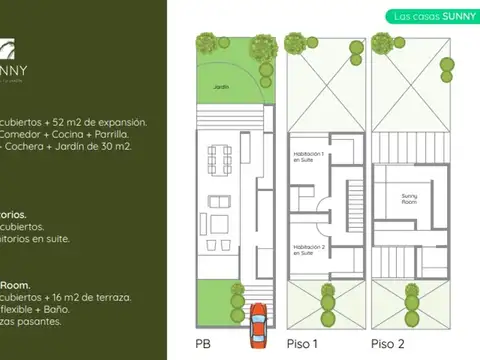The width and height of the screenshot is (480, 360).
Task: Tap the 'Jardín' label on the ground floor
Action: [x=221, y=87]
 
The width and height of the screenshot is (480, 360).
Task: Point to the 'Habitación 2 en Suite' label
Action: [x=305, y=248]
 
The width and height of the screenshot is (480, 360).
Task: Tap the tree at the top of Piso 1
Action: [x=295, y=43]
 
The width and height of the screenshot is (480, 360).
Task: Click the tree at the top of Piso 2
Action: [x=381, y=43]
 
